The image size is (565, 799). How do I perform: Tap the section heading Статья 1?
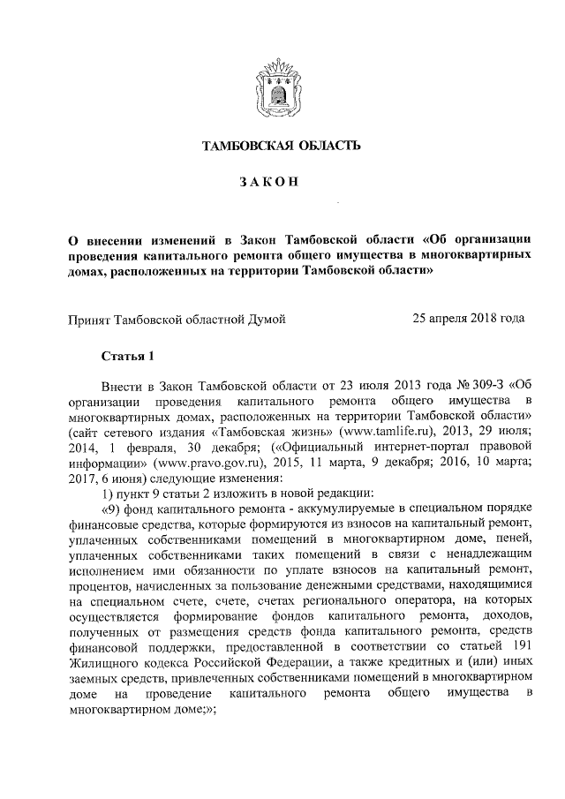(127, 356)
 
